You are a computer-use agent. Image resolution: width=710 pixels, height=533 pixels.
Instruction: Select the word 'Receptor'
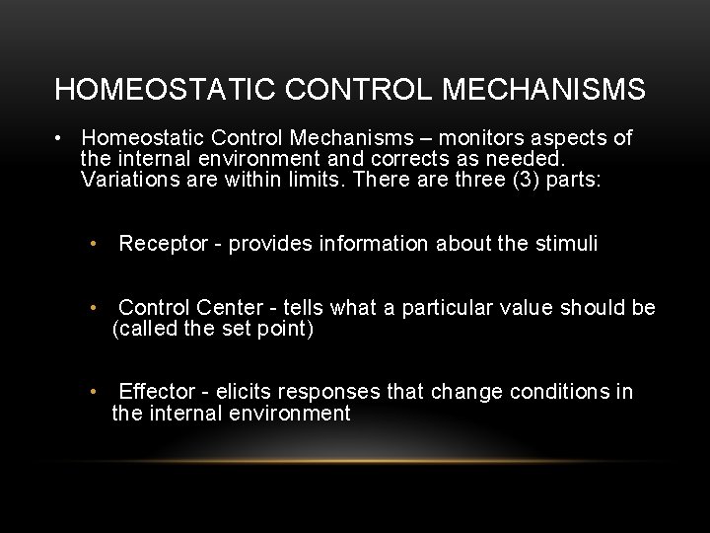162,244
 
